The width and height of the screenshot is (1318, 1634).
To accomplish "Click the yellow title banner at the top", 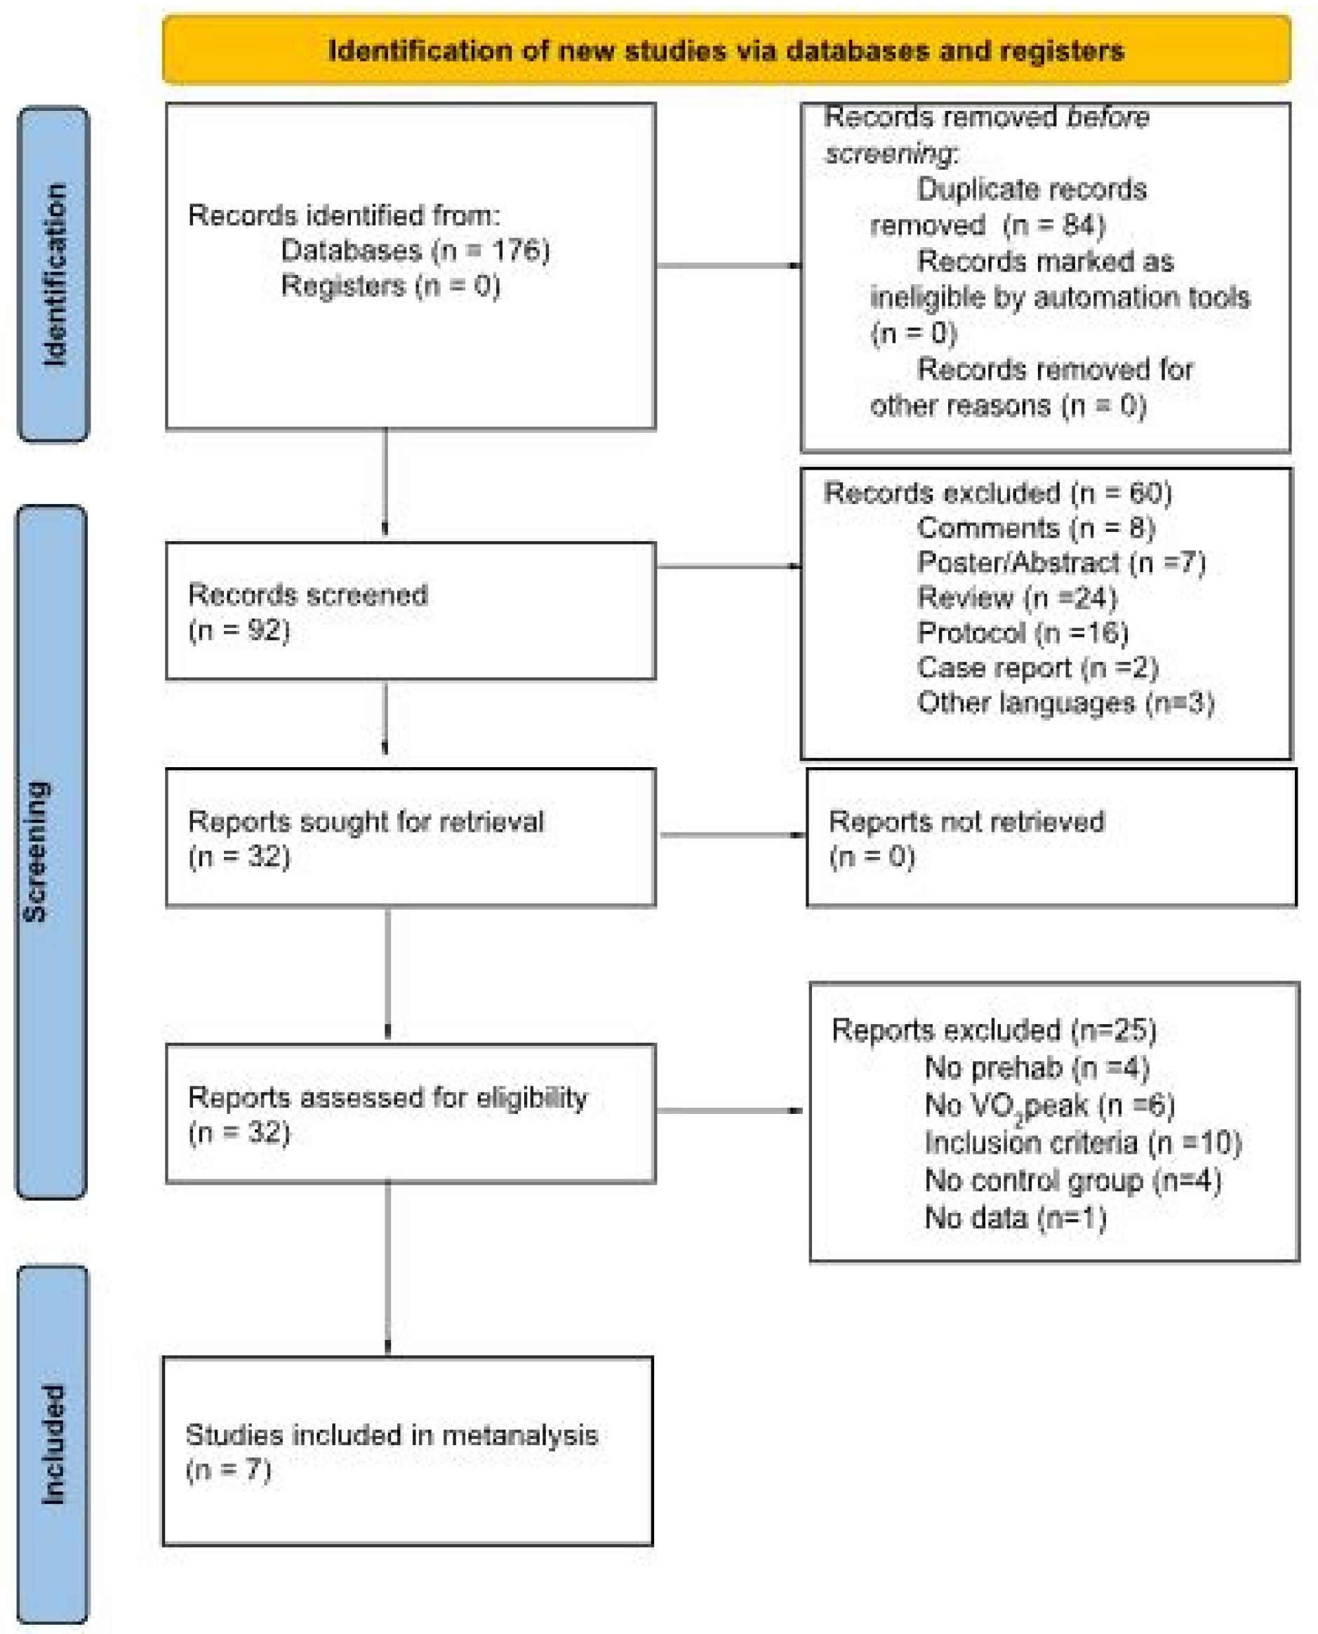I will [x=726, y=50].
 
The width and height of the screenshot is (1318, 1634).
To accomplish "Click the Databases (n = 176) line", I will [x=415, y=250].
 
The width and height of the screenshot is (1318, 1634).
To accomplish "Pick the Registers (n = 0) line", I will [x=390, y=286].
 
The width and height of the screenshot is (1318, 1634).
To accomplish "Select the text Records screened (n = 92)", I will [x=307, y=612].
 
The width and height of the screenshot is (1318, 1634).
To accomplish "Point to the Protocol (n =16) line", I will [x=1022, y=632].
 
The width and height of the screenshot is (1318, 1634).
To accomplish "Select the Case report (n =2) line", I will [x=1037, y=667].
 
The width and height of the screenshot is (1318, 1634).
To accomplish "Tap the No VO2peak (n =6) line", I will [x=1049, y=1106].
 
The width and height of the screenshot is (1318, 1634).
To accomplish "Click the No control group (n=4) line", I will [x=1072, y=1181].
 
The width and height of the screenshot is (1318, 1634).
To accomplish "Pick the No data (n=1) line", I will [x=1015, y=1218].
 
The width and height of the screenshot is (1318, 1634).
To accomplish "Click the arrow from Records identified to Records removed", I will [x=727, y=265].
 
